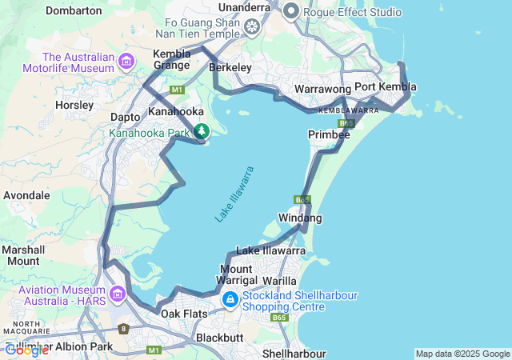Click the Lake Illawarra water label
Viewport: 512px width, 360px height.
pyautogui.click(x=234, y=194)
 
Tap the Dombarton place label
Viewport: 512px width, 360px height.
pyautogui.click(x=74, y=11)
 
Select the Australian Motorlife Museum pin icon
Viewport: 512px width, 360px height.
pyautogui.click(x=126, y=62)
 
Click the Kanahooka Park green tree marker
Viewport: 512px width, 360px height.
pyautogui.click(x=202, y=131)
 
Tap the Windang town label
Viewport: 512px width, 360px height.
pyautogui.click(x=300, y=218)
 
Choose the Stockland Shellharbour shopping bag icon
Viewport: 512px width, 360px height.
pyautogui.click(x=230, y=300)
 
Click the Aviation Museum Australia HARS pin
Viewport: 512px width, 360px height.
pyautogui.click(x=118, y=294)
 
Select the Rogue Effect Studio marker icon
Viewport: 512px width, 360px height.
pyautogui.click(x=290, y=11)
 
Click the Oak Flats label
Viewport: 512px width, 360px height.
pyautogui.click(x=184, y=314)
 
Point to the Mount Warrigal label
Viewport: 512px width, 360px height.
pyautogui.click(x=237, y=274)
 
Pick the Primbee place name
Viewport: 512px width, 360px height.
pyautogui.click(x=329, y=135)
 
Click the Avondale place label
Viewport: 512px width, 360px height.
pyautogui.click(x=27, y=195)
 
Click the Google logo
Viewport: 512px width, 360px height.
pyautogui.click(x=26, y=350)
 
